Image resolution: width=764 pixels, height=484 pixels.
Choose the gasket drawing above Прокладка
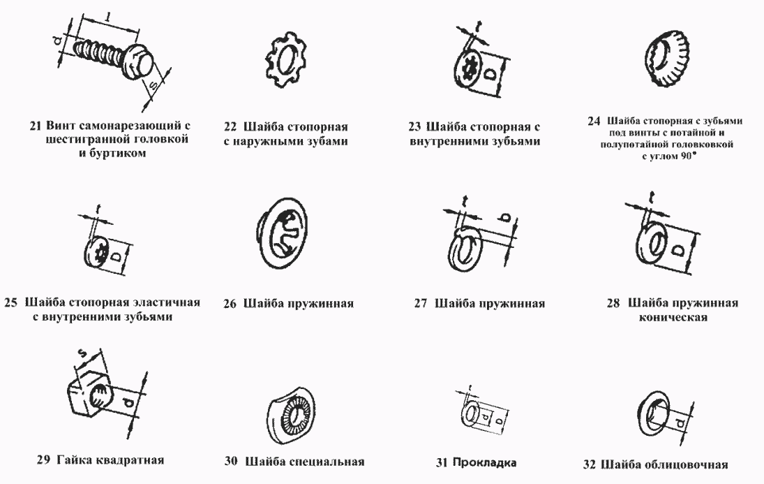477,416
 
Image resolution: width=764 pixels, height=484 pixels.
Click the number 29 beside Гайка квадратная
43,460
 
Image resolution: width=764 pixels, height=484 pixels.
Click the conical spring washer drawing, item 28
657,242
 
